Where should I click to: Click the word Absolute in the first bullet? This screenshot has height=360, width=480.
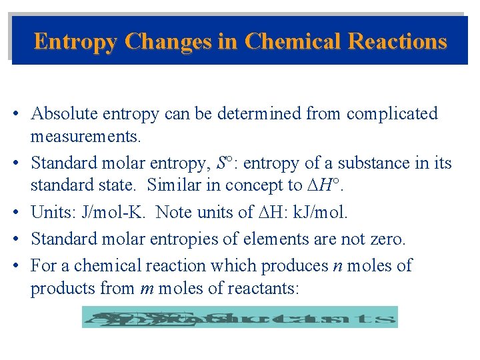click(64, 114)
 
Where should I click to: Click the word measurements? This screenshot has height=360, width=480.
click(85, 138)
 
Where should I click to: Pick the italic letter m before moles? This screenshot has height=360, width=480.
click(147, 290)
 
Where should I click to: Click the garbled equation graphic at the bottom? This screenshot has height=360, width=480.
click(239, 317)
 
